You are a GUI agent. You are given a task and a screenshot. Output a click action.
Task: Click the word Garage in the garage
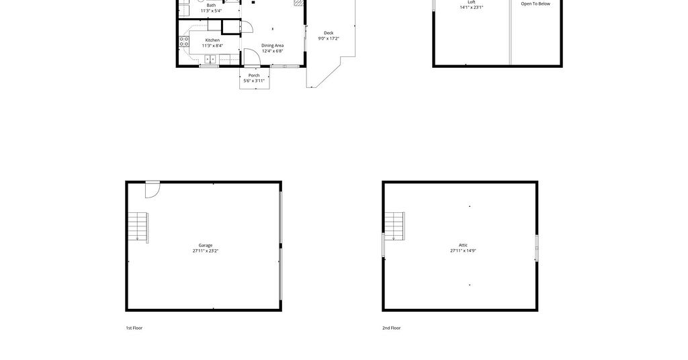(x=206, y=246)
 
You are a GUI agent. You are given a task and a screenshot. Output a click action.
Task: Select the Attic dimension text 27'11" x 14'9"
(x=463, y=251)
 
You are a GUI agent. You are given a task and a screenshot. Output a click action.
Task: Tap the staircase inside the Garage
(x=138, y=227)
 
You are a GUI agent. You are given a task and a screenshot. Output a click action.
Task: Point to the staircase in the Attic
(x=394, y=226)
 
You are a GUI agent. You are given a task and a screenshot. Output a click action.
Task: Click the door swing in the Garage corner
(x=153, y=189)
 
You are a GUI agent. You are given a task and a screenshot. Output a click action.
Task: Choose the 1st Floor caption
(x=134, y=328)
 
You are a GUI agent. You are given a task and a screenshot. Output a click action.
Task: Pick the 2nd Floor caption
(x=392, y=328)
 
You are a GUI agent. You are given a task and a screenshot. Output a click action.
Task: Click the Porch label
(x=254, y=75)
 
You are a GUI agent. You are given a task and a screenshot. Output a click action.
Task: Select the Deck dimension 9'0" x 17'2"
(x=329, y=38)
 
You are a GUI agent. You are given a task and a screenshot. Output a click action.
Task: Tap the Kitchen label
(x=212, y=40)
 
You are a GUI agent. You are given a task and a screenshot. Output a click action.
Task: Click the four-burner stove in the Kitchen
(x=184, y=42)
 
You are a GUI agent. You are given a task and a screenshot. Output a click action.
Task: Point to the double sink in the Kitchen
(x=210, y=58)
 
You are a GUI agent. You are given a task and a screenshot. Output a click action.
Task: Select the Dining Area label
(x=273, y=46)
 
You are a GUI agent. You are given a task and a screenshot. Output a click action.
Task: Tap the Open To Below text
(x=535, y=4)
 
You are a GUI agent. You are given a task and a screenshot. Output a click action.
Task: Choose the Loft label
(x=471, y=2)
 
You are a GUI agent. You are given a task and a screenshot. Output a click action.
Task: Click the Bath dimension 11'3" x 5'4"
(x=211, y=11)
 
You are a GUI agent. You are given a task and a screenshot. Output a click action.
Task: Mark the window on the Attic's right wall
(x=537, y=249)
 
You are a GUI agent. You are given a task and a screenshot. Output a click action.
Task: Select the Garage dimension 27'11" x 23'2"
(x=206, y=251)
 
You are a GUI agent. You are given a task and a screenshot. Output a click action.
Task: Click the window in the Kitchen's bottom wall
(x=210, y=66)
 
